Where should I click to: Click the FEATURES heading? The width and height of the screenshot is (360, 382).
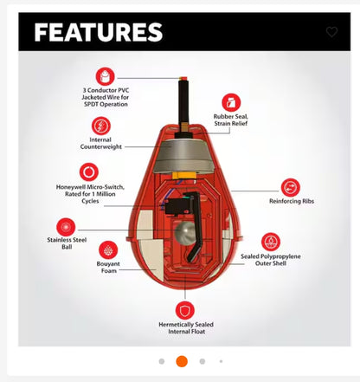pos(98,33)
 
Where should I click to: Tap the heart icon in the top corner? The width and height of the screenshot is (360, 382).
pos(331,32)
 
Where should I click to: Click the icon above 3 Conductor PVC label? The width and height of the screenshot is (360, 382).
pos(106,76)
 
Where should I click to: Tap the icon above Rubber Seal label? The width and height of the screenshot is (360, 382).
pos(231,101)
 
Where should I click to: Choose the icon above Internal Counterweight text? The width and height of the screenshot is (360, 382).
pos(100,126)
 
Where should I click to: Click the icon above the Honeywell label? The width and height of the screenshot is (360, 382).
pos(88,172)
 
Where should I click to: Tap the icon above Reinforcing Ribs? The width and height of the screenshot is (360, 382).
pos(291,186)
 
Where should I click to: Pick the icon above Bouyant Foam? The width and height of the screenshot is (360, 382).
pos(108,250)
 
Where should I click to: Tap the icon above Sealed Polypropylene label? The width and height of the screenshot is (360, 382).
pos(271,242)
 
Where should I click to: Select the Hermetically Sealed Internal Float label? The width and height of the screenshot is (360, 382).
pos(185,328)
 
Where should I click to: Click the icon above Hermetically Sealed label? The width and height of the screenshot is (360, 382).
pos(184,309)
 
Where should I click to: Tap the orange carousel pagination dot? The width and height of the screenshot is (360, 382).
pos(182,360)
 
